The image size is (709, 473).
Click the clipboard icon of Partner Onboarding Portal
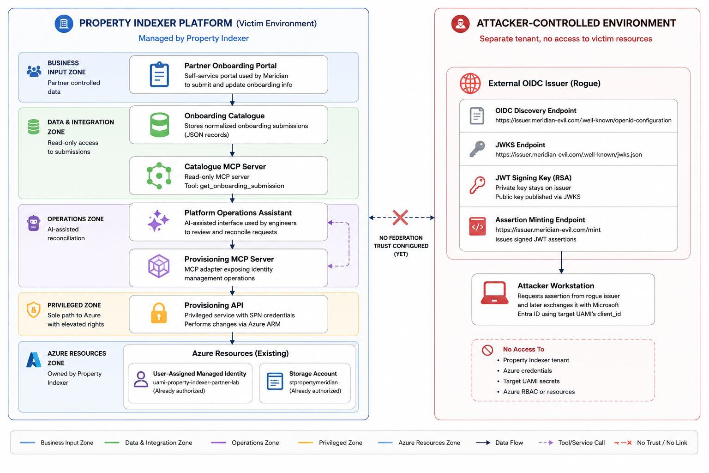pos(159,74)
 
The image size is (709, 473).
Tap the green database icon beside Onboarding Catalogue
pos(159,125)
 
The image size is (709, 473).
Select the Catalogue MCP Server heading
pos(225,167)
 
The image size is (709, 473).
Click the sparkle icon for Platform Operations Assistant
pos(158,220)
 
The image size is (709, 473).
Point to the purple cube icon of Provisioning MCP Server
pos(159,266)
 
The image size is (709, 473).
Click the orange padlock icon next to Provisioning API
pos(159,313)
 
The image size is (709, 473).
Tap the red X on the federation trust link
pos(400,218)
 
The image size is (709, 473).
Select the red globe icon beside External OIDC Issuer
pos(470,83)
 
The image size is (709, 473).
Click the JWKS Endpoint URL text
pos(569,155)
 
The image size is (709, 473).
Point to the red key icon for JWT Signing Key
pos(477,185)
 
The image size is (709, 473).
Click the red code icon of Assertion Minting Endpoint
pos(477,226)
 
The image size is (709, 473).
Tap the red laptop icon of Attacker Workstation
pos(494,293)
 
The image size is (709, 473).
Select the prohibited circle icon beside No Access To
pos(487,350)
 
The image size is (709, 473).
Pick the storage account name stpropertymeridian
pos(313,382)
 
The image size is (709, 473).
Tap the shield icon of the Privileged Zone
pos(34,310)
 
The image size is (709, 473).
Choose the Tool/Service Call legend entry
pos(571,443)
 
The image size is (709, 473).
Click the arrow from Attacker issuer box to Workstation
pos(561,263)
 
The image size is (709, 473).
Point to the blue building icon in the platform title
pos(64,24)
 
